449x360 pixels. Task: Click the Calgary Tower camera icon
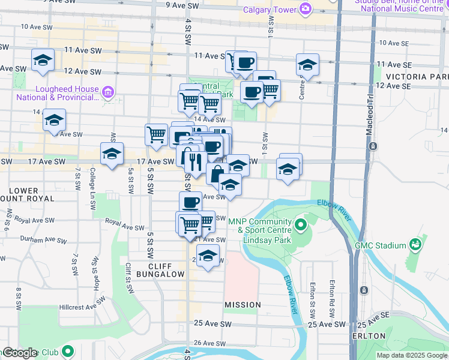click(x=306, y=9)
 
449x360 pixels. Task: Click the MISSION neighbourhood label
click(x=243, y=305)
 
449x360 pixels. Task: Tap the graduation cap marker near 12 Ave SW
click(x=43, y=61)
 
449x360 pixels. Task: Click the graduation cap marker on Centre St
click(x=307, y=64)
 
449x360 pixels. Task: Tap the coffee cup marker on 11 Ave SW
click(x=244, y=62)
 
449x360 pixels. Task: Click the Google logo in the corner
click(x=20, y=353)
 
